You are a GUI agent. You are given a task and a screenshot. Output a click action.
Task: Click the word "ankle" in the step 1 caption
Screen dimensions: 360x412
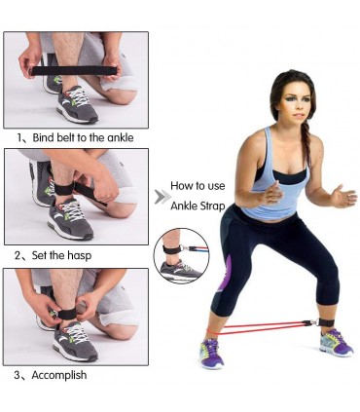121,137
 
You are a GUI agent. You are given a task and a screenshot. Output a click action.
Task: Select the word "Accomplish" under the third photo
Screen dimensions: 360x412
59,375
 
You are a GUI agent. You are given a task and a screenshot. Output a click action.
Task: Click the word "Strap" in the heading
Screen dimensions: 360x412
212,206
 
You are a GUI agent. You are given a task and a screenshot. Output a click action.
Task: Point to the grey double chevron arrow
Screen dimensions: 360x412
162,197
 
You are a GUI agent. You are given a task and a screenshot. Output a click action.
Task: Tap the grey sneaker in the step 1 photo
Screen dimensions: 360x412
77,104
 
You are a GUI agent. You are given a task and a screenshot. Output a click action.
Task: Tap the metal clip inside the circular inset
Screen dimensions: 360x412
184,249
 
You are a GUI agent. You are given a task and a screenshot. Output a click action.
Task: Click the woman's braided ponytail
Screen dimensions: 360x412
306,143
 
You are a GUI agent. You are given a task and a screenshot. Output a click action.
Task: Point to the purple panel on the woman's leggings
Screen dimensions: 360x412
226,275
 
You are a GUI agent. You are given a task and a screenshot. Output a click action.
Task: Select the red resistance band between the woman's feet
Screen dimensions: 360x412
256,328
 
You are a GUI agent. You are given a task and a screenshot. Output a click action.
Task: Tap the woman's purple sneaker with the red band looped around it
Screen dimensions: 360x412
212,353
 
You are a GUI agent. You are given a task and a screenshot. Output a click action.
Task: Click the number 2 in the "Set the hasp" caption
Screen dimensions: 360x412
18,255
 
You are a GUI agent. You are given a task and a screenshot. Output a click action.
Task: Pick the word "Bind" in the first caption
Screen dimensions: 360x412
44,137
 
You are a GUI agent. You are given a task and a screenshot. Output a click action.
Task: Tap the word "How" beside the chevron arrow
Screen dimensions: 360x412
180,186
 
